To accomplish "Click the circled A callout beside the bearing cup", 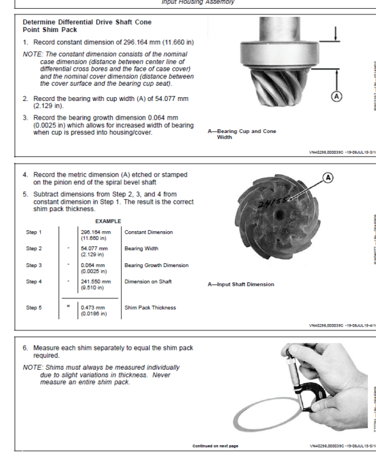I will pyautogui.click(x=337, y=96).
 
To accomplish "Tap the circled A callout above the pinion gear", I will pyautogui.click(x=327, y=177).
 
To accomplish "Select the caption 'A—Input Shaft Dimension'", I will pyautogui.click(x=241, y=284).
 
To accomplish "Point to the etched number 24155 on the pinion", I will pyautogui.click(x=271, y=202).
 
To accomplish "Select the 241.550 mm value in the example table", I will pyautogui.click(x=95, y=281).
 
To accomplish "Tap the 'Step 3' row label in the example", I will pyautogui.click(x=34, y=265).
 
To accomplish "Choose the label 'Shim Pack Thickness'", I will pyautogui.click(x=150, y=308).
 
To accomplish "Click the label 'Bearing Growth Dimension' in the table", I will pyautogui.click(x=156, y=265).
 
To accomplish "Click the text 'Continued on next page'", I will pyautogui.click(x=215, y=446).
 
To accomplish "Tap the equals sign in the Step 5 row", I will pyautogui.click(x=70, y=307).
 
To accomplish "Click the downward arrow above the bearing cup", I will pyautogui.click(x=338, y=32).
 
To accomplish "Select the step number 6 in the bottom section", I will pyautogui.click(x=25, y=347).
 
